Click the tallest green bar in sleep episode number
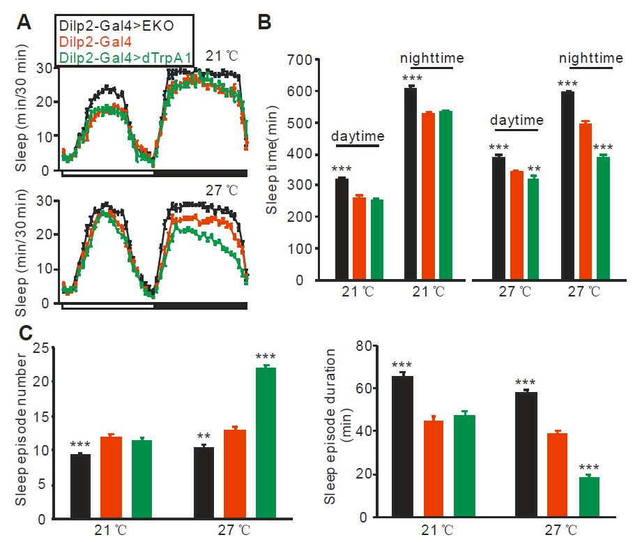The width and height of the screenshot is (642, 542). tap(265, 443)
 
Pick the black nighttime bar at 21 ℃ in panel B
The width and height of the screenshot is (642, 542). tap(411, 183)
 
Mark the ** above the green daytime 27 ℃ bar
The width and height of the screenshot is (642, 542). tap(533, 168)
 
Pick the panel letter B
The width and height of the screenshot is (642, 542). tap(266, 22)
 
